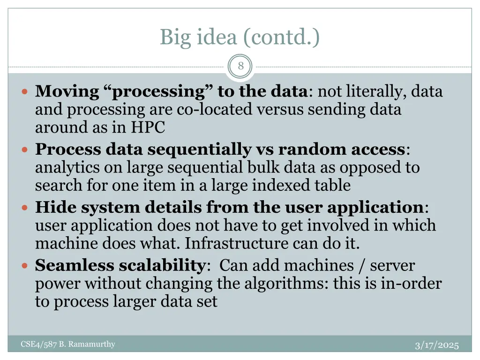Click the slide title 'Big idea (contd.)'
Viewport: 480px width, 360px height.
(240, 37)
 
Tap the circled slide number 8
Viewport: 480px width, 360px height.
(240, 66)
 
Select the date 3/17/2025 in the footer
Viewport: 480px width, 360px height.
(437, 345)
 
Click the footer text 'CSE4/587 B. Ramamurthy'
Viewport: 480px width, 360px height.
(68, 345)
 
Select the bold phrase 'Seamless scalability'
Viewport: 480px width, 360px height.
(120, 265)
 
